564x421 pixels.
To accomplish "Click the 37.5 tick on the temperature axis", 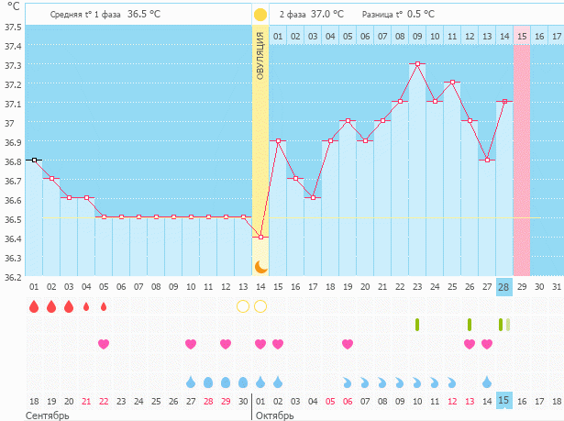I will pyautogui.click(x=12, y=26).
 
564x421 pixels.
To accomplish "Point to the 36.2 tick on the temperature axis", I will pyautogui.click(x=12, y=276).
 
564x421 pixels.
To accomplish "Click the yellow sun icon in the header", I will pyautogui.click(x=260, y=15).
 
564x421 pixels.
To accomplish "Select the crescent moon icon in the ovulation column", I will pyautogui.click(x=260, y=267).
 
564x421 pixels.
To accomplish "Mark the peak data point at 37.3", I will pyautogui.click(x=417, y=64).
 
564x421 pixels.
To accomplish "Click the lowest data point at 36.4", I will pyautogui.click(x=260, y=237).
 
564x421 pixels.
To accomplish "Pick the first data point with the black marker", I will pyautogui.click(x=34, y=160).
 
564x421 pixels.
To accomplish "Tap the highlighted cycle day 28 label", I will pyautogui.click(x=503, y=287).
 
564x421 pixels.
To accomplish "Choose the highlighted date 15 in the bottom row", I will pyautogui.click(x=503, y=401).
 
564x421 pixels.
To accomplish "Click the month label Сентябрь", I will pyautogui.click(x=45, y=415).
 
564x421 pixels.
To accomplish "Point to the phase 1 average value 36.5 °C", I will pyautogui.click(x=149, y=15).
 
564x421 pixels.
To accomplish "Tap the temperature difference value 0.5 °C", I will pyautogui.click(x=421, y=15).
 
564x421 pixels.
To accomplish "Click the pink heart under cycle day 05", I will pyautogui.click(x=104, y=344).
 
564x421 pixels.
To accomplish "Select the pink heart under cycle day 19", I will pyautogui.click(x=348, y=344).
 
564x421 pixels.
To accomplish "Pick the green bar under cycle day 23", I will pyautogui.click(x=417, y=325).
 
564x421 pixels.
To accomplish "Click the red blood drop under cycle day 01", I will pyautogui.click(x=34, y=306).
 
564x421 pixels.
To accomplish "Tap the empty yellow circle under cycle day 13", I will pyautogui.click(x=243, y=306).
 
